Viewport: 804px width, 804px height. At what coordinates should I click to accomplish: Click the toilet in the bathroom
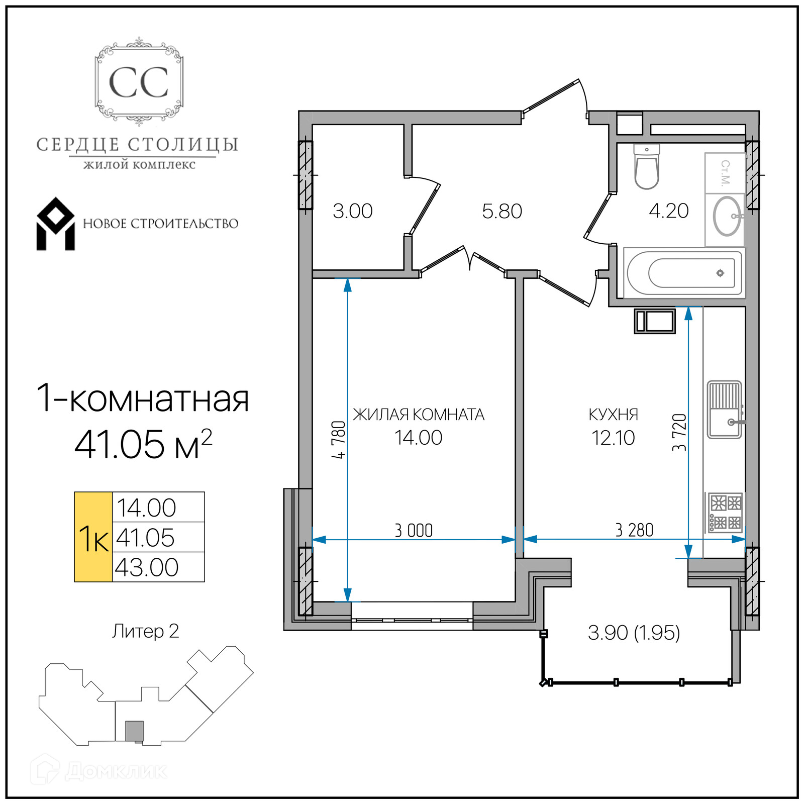coord(647,166)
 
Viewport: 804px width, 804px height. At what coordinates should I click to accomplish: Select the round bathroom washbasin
coord(727,216)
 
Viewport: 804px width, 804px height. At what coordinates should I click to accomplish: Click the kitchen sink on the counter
coord(725,410)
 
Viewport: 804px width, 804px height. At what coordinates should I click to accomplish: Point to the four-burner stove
coord(725,513)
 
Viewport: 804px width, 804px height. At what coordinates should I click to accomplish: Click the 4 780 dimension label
coord(339,440)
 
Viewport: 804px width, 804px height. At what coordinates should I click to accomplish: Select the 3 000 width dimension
coord(414,530)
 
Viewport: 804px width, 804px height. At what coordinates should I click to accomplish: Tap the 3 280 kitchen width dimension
coord(634,530)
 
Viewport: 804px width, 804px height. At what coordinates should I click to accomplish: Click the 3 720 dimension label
coord(679,432)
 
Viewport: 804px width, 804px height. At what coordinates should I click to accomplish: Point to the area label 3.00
coord(353,211)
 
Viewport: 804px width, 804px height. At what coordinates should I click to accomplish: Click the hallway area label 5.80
coord(502,211)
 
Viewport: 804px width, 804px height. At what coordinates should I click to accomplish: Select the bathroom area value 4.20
coord(669,211)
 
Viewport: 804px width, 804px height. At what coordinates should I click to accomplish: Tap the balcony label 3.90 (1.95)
coord(634,633)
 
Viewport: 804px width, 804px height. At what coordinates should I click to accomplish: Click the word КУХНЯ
coord(614,415)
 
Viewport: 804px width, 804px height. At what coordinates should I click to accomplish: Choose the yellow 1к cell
coord(93,537)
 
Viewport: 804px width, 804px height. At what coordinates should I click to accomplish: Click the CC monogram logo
coord(139,82)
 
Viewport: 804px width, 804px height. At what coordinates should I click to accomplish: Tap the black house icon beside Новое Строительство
coord(55,224)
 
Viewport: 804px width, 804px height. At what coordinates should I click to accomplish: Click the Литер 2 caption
coord(146,631)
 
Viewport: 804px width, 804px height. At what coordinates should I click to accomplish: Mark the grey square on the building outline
coord(134,731)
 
